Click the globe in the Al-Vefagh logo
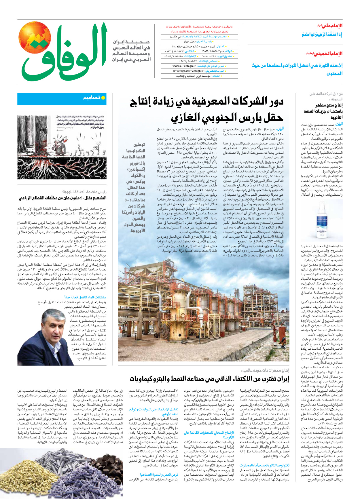pyautogui.click(x=35, y=38)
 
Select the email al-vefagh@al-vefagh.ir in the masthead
pyautogui.click(x=188, y=71)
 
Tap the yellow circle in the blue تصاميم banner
pyautogui.click(x=103, y=98)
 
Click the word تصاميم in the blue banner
pyautogui.click(x=92, y=98)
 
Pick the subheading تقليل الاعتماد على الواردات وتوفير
pyautogui.click(x=153, y=409)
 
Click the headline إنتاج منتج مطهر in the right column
pyautogui.click(x=329, y=105)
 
